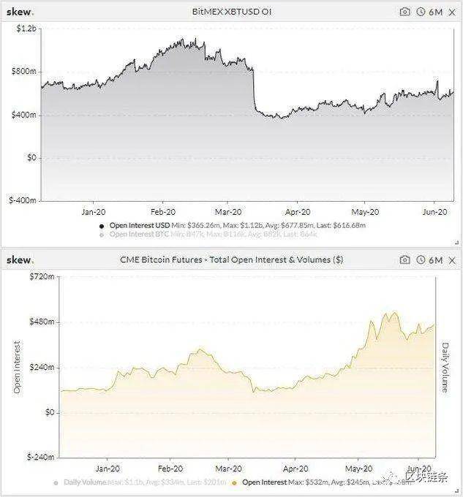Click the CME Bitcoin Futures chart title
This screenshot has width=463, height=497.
pyautogui.click(x=232, y=259)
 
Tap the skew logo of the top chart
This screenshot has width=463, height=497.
pyautogui.click(x=20, y=12)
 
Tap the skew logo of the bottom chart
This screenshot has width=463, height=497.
pyautogui.click(x=20, y=260)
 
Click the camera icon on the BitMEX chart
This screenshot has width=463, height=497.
pyautogui.click(x=404, y=12)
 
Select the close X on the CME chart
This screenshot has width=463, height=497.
pyautogui.click(x=451, y=260)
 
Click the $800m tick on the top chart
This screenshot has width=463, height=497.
pyautogui.click(x=23, y=72)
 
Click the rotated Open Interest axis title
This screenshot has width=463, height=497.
pyautogui.click(x=17, y=367)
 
